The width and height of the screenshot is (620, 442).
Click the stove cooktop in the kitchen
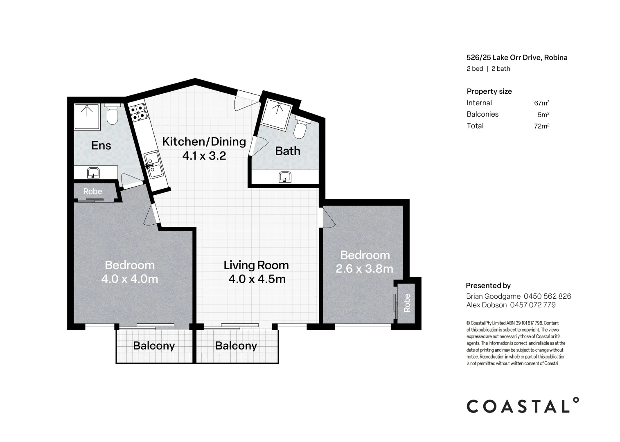click(138, 112)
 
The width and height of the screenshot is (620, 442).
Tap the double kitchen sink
click(153, 164)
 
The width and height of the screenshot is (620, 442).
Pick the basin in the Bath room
click(285, 177)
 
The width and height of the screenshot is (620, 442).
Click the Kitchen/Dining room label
click(204, 142)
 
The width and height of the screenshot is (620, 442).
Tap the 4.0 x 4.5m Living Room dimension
click(257, 279)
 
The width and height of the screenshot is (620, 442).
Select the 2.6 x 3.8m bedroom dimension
click(364, 269)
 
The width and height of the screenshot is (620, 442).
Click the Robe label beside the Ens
click(92, 192)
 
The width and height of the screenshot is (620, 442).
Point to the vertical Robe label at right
click(407, 303)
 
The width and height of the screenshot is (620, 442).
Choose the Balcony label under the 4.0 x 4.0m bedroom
click(154, 346)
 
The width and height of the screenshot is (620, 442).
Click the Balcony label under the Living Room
click(236, 346)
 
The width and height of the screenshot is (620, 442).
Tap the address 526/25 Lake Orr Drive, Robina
click(517, 58)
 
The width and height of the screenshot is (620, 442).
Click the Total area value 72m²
click(541, 126)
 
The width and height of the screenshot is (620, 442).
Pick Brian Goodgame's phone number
click(547, 296)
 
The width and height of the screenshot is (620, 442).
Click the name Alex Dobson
click(486, 305)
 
